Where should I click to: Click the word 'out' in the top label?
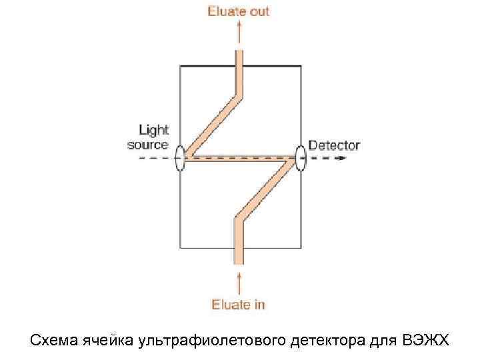click(259, 11)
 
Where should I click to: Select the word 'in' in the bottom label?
click(259, 305)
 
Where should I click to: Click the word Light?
click(153, 130)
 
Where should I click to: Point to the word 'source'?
click(148, 144)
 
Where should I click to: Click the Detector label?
click(334, 145)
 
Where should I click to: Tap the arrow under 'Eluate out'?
click(239, 31)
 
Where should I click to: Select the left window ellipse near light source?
click(180, 159)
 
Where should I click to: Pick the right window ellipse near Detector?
click(301, 159)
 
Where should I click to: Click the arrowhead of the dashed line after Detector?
click(343, 159)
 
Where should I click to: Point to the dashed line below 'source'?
click(150, 159)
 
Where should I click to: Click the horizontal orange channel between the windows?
click(240, 159)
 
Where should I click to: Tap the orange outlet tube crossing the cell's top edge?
click(239, 65)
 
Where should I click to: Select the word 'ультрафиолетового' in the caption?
click(213, 341)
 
